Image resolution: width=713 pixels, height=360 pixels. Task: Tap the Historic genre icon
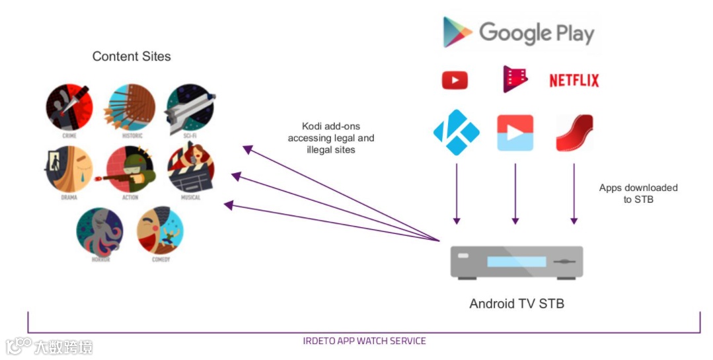pyautogui.click(x=130, y=107)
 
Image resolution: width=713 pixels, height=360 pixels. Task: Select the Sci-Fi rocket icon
pyautogui.click(x=190, y=107)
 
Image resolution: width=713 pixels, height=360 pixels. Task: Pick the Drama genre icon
pyautogui.click(x=69, y=169)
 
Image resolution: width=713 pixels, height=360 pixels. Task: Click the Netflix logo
pyautogui.click(x=574, y=81)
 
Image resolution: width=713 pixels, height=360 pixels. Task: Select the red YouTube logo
pyautogui.click(x=455, y=81)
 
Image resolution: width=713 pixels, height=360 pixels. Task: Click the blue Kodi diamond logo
pyautogui.click(x=455, y=133)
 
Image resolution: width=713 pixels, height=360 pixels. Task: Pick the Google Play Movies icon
pyautogui.click(x=515, y=79)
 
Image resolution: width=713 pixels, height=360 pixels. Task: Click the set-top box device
pyautogui.click(x=516, y=262)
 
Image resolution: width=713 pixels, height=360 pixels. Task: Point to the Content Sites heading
pyautogui.click(x=131, y=56)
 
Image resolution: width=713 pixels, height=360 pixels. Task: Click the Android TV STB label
pyautogui.click(x=517, y=304)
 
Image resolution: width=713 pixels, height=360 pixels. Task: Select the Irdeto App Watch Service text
pyautogui.click(x=364, y=341)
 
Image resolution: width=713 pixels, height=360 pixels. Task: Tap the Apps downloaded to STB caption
pyautogui.click(x=638, y=193)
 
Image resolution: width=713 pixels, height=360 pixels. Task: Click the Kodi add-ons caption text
pyautogui.click(x=338, y=138)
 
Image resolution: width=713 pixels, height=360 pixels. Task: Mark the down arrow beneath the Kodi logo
pyautogui.click(x=455, y=192)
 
